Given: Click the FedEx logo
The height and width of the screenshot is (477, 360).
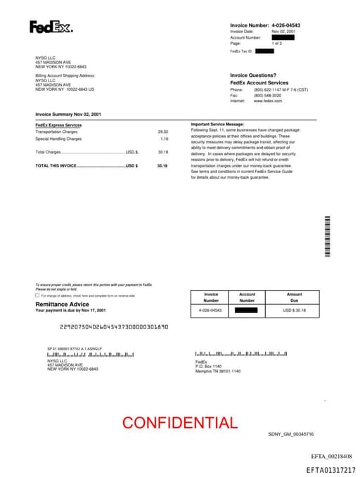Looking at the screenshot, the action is (x=51, y=27).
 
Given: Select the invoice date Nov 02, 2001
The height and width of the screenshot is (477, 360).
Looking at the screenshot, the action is (x=283, y=32).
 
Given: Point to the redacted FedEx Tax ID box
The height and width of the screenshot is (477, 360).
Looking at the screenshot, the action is (x=264, y=51).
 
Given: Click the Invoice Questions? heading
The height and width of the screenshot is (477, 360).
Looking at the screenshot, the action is (x=253, y=75).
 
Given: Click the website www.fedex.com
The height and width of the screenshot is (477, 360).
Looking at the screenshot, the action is (x=268, y=101).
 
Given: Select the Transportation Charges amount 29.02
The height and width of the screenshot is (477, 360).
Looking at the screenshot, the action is (x=163, y=132).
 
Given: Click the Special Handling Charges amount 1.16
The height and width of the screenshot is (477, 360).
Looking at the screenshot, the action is (x=165, y=139).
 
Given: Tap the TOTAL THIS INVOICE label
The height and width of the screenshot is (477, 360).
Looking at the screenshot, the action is (x=56, y=165).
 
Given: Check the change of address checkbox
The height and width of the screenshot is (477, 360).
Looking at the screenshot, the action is (x=37, y=295).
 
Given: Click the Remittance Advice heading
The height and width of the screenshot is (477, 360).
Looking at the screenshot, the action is (x=62, y=304).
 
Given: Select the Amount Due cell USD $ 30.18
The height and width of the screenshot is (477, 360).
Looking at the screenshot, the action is (x=294, y=310).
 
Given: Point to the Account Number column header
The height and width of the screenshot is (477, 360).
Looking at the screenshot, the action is (x=247, y=298).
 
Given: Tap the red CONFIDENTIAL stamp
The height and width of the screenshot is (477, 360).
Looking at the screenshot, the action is (x=180, y=423).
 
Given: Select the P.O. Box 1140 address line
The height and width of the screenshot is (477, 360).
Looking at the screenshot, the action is (x=208, y=366).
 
